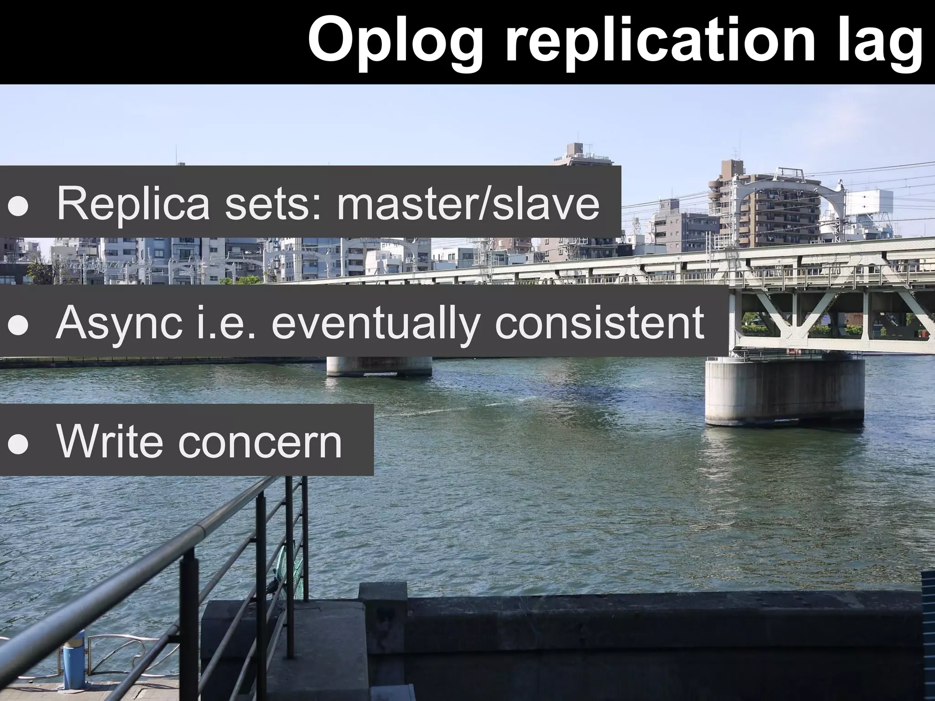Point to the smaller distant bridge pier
click(x=379, y=366)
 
